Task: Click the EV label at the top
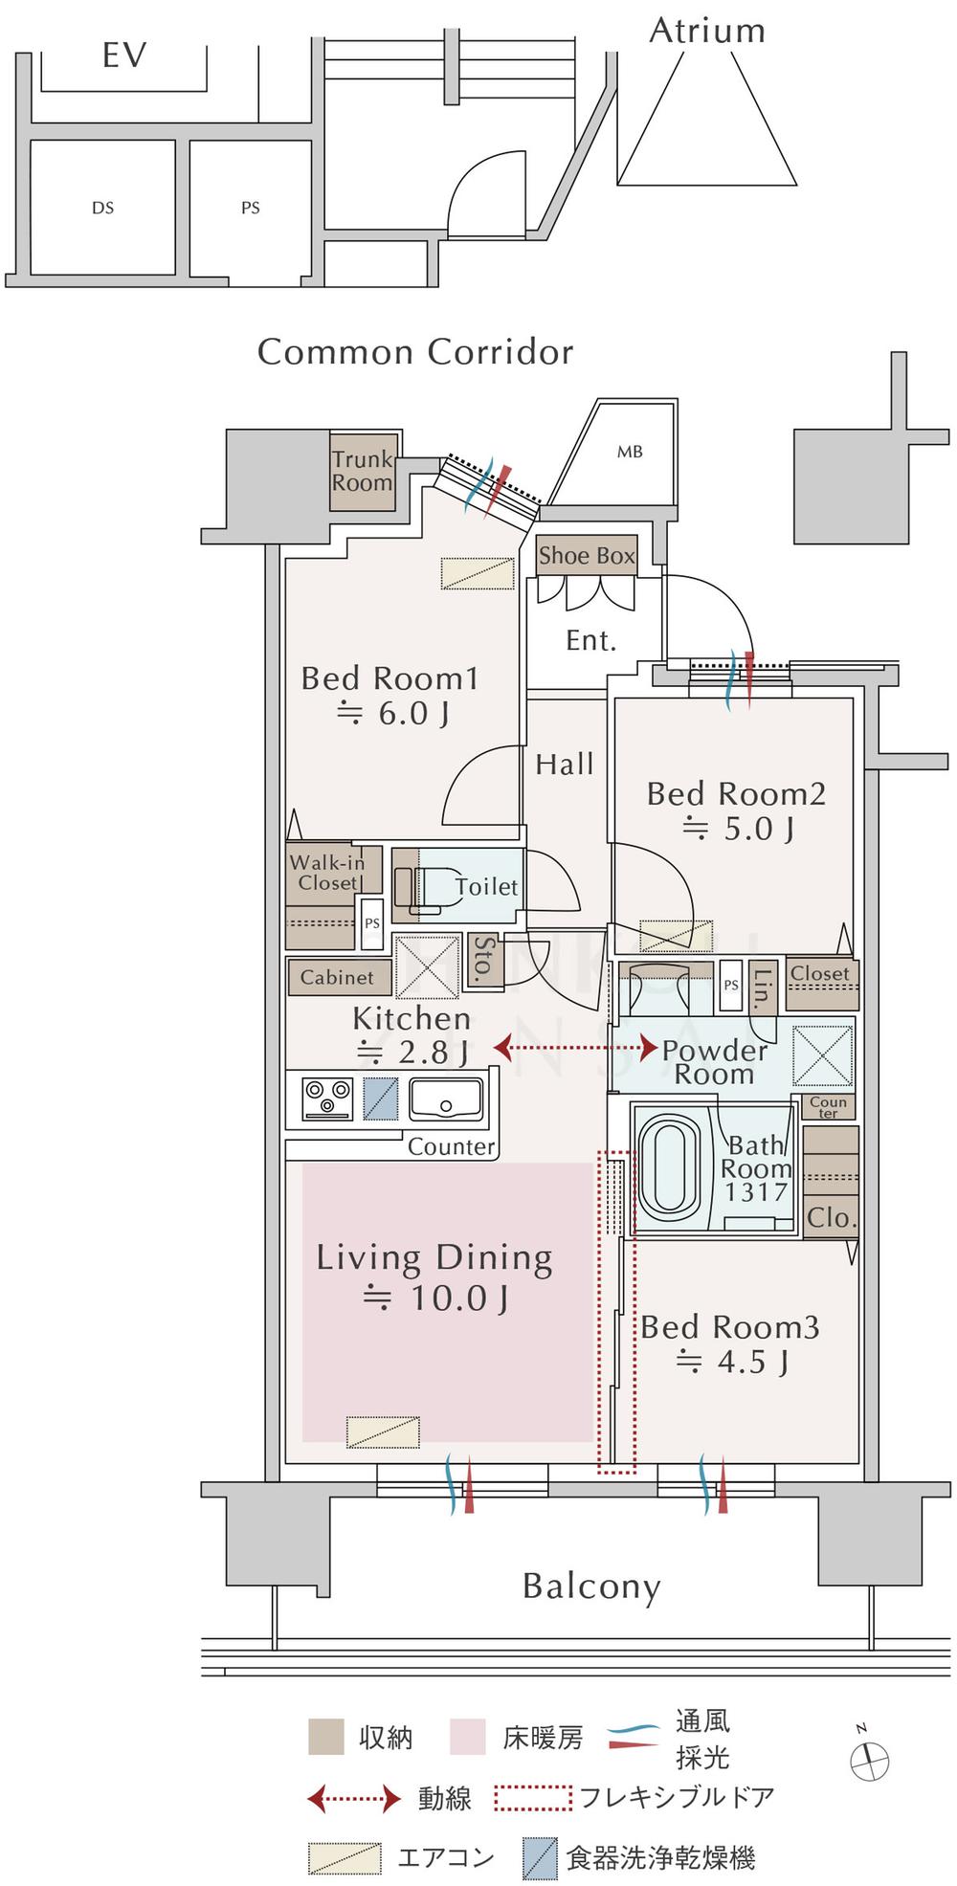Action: (x=124, y=55)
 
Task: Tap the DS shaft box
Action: (x=102, y=207)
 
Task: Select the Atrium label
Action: (x=707, y=31)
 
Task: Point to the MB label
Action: (x=630, y=452)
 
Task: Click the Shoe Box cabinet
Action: (x=587, y=555)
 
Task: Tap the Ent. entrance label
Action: (x=590, y=640)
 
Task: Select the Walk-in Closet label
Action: (x=327, y=873)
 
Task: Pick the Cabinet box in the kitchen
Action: (x=338, y=977)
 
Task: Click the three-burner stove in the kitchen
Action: (x=327, y=1098)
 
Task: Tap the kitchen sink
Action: (x=446, y=1098)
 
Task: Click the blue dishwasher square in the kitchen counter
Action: (x=381, y=1098)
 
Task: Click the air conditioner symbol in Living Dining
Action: (x=383, y=1431)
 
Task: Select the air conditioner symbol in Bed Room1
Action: (x=478, y=573)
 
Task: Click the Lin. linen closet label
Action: (x=762, y=989)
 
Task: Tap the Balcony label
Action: (x=591, y=1586)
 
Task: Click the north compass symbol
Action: (x=869, y=1760)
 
